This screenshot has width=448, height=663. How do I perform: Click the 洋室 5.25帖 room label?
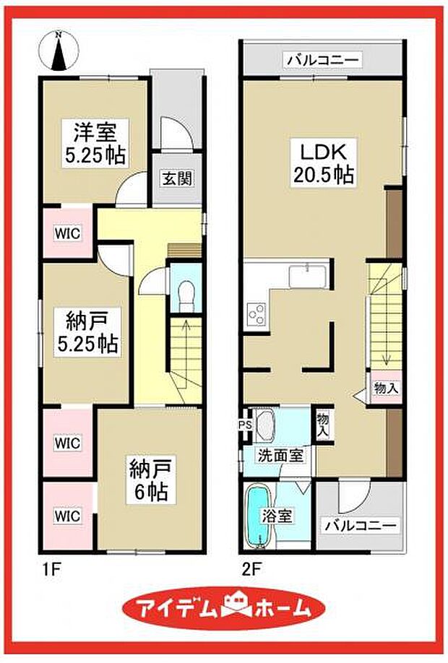tap(94, 143)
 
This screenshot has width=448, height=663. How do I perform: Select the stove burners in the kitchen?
tap(256, 313)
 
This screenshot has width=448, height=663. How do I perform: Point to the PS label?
tap(245, 425)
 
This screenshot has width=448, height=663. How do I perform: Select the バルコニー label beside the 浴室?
tap(358, 525)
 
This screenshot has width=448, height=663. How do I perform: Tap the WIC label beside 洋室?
tap(66, 233)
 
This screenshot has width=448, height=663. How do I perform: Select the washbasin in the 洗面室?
tap(264, 426)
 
